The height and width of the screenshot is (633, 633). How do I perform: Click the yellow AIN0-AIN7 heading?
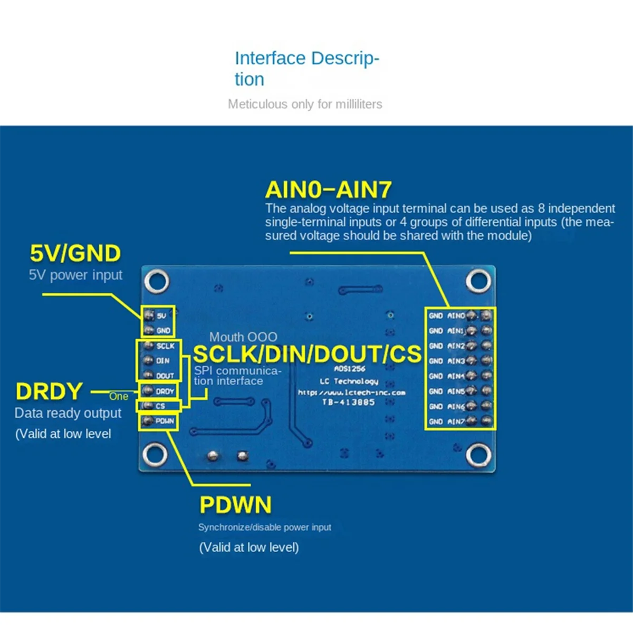coord(328,190)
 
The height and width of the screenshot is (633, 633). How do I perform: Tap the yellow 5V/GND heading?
coord(75,254)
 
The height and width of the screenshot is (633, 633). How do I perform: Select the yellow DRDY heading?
coord(49,391)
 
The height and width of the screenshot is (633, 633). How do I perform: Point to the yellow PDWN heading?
coord(235,505)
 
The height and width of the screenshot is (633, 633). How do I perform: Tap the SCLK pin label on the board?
coord(165,346)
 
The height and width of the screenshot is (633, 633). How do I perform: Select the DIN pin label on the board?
coord(162,361)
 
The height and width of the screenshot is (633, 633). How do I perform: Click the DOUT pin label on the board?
coord(165,376)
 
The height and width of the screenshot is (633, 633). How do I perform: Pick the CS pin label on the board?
coord(160,406)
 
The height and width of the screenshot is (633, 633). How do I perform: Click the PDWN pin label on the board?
coord(165,421)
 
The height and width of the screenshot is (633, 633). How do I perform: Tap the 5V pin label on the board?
coord(161,316)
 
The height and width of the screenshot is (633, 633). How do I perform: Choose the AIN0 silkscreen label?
coord(456,316)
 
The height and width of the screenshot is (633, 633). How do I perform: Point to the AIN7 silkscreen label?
coord(456,422)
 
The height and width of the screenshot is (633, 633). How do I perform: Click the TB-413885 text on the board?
coord(348,402)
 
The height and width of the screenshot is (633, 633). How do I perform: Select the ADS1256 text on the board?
coord(350,369)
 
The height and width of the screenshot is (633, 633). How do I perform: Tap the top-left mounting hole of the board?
coord(157,281)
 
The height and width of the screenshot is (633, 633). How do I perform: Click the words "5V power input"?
coord(75,275)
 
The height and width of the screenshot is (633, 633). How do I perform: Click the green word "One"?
coord(119,397)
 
